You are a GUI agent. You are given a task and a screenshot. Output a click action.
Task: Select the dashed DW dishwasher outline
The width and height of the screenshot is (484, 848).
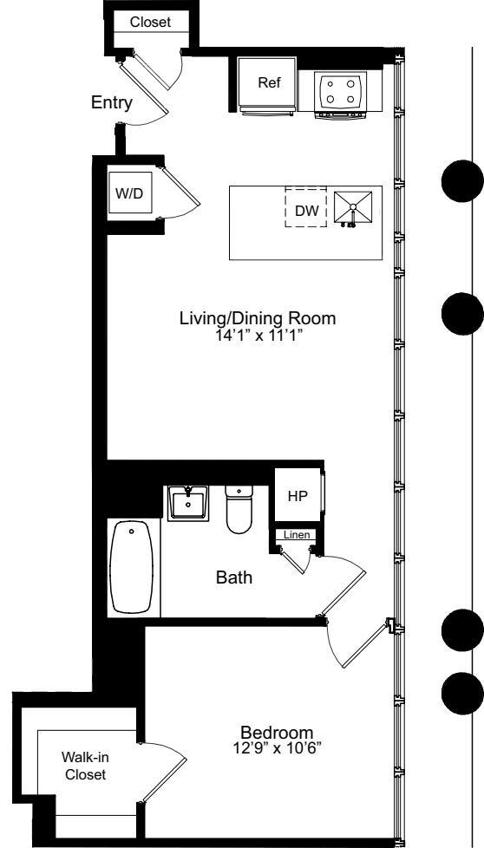tap(306, 209)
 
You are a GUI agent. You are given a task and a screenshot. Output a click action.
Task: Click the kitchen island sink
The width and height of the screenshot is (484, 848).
tap(354, 208)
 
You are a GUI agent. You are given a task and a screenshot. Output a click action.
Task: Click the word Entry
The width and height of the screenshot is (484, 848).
tap(112, 104)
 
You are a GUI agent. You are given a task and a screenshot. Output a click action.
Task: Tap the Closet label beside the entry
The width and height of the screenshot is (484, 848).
tap(150, 21)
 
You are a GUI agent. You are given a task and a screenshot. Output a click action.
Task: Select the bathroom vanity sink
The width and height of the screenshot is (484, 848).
tap(187, 502)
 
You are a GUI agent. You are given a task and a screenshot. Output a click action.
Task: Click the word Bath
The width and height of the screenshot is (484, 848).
tap(233, 577)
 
